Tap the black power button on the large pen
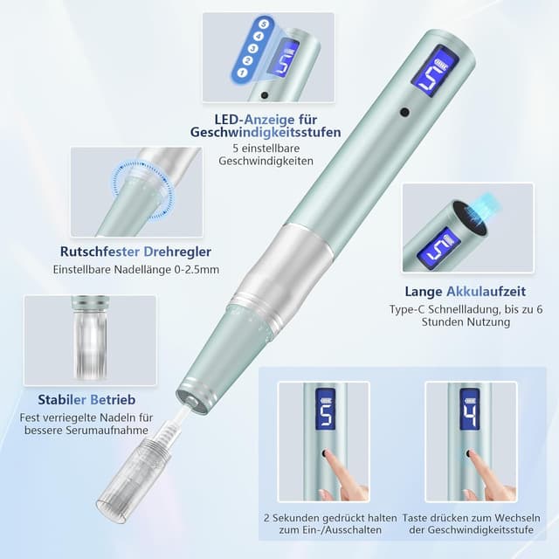tap(404, 113)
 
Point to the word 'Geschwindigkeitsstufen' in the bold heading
tap(266, 133)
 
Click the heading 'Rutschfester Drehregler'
tap(135, 251)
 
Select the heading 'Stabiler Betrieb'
tap(77, 399)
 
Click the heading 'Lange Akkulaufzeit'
tap(465, 291)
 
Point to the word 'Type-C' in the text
tap(408, 309)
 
